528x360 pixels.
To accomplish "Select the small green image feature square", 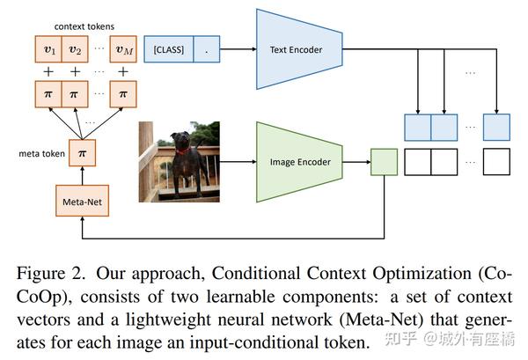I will click(384, 162).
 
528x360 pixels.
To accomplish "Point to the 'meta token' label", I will click(36, 153).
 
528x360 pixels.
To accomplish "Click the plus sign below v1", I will click(48, 70).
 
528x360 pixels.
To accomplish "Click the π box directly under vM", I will click(123, 92).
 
